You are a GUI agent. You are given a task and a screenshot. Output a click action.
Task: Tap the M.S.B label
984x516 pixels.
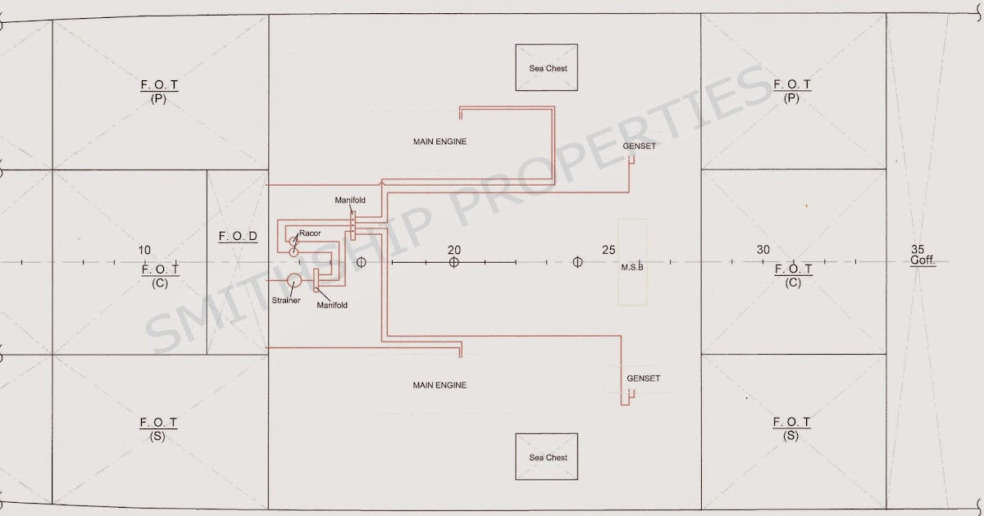(632, 267)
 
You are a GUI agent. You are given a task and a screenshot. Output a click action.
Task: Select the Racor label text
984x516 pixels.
(310, 233)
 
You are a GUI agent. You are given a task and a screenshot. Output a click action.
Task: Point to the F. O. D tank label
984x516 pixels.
(238, 236)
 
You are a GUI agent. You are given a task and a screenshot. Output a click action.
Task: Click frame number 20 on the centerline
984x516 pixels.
(454, 250)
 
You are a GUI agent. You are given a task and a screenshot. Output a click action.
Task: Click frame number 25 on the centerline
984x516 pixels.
(608, 250)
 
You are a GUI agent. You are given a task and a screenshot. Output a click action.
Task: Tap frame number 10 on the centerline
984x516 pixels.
(144, 250)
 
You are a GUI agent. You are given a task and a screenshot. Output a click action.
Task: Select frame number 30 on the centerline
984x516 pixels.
(763, 250)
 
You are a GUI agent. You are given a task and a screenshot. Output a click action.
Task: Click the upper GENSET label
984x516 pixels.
(639, 146)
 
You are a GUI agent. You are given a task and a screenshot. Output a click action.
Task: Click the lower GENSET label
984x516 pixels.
(644, 378)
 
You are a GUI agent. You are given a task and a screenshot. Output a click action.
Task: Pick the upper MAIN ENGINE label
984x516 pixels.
(440, 142)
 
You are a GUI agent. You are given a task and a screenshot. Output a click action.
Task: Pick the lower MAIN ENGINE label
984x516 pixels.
(440, 385)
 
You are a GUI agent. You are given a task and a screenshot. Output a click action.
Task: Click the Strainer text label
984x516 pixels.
(286, 301)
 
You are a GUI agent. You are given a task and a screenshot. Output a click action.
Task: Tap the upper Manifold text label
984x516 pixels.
(350, 200)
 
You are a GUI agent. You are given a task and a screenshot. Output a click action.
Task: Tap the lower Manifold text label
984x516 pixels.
(332, 305)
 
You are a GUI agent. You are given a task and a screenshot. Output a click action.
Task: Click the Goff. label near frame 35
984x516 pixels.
(923, 260)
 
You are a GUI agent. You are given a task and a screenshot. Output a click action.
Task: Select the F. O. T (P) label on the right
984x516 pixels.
(792, 91)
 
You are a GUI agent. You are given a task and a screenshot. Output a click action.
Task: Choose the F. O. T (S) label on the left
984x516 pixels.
(158, 429)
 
